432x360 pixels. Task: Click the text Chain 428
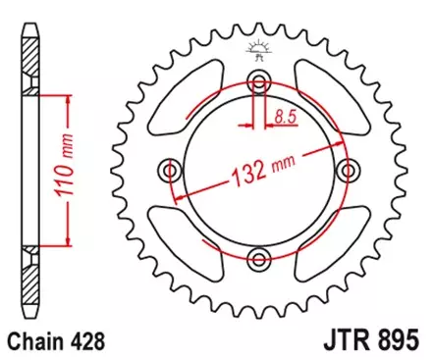point(59,343)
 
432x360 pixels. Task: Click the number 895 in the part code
point(397,343)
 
